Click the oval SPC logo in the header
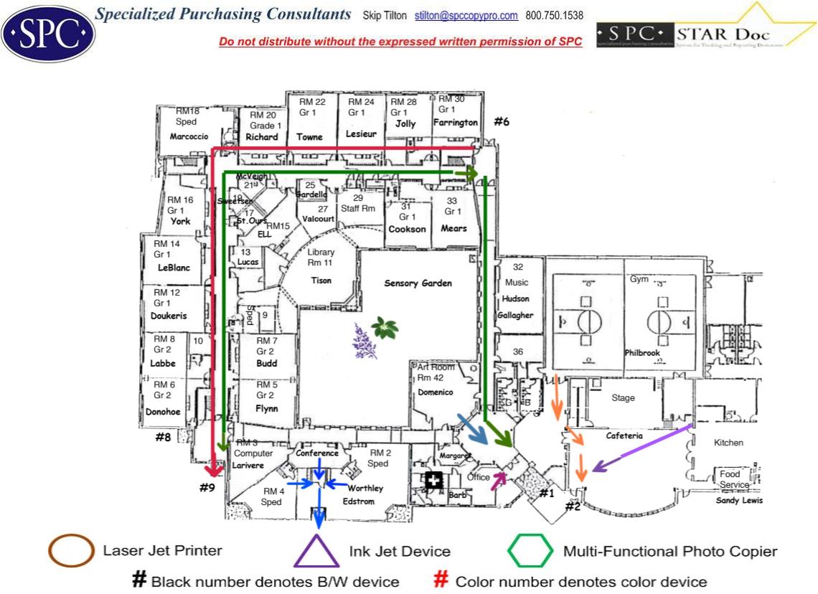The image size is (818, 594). point(48,34)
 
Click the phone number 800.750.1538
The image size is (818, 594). point(554,15)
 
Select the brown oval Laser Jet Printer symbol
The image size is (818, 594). point(71,551)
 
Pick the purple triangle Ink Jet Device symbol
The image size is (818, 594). point(316,551)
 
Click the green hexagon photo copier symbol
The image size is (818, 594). point(530,551)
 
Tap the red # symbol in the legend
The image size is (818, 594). point(442,580)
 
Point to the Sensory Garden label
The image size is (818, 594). point(418,283)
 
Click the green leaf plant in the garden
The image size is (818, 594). point(385,328)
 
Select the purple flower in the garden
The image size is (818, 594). point(364,340)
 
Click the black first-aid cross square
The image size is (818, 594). point(433,481)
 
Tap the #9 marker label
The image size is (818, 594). point(207,488)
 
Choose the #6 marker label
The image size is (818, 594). point(501,122)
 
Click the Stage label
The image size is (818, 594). point(623,397)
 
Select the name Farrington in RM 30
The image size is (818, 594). point(456,123)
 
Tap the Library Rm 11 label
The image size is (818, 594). point(321,258)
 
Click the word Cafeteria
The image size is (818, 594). point(624,435)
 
